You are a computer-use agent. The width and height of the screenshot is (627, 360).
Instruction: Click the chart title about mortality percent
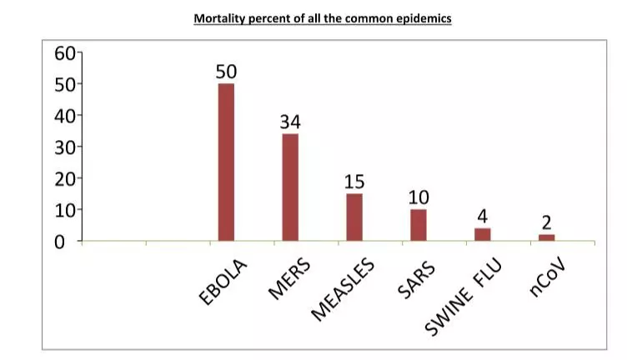click(323, 17)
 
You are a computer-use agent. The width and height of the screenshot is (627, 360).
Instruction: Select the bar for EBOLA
click(226, 162)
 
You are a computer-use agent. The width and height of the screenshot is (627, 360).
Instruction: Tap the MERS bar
click(290, 187)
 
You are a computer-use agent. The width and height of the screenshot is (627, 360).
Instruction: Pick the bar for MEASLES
click(354, 217)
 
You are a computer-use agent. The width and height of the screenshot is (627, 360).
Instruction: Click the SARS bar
click(419, 224)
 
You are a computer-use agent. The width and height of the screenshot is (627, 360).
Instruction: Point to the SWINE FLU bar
click(483, 234)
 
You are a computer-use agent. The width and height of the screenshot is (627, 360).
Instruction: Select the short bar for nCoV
click(547, 237)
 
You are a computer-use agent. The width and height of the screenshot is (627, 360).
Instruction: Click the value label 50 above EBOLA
click(226, 72)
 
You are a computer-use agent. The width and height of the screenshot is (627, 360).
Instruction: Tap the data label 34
click(290, 122)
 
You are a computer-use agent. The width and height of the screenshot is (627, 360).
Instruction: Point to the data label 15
click(354, 182)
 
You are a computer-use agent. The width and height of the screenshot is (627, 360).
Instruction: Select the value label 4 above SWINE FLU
click(483, 217)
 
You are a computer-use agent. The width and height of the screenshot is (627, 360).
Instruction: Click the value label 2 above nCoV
click(547, 222)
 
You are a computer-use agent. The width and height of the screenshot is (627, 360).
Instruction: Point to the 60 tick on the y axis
click(65, 53)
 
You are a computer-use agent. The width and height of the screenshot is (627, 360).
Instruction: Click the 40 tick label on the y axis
click(65, 116)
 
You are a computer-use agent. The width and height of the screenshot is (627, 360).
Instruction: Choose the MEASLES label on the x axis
click(344, 289)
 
